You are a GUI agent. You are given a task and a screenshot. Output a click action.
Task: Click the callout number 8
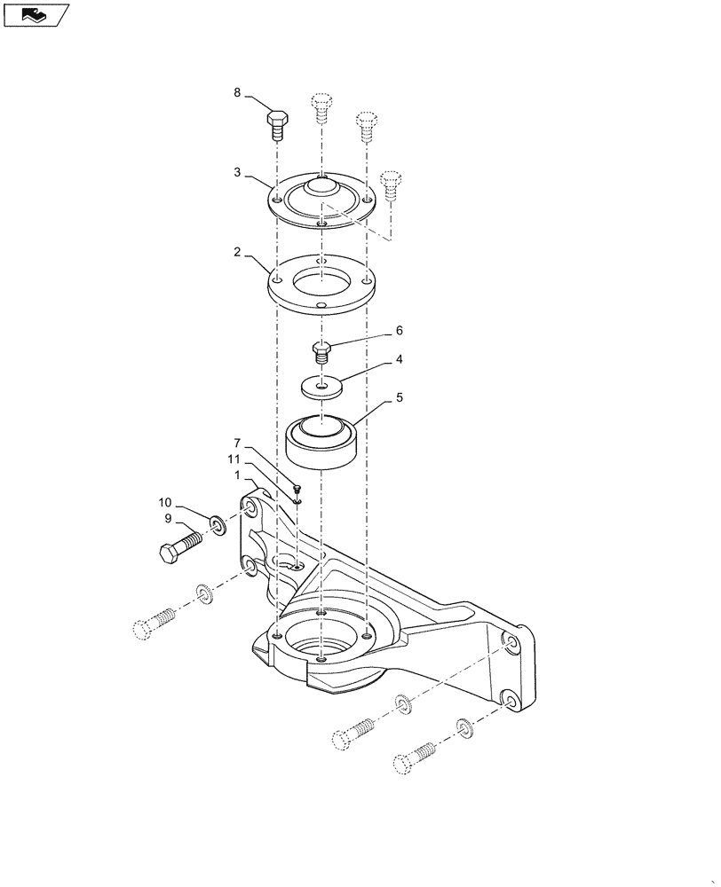click(x=237, y=92)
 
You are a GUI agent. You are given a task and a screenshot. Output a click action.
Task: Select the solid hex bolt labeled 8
click(x=276, y=123)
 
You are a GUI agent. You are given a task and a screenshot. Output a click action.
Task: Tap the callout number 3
click(x=237, y=172)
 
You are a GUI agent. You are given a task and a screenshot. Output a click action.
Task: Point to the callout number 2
click(x=237, y=252)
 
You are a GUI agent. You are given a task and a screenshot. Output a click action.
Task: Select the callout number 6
click(x=400, y=330)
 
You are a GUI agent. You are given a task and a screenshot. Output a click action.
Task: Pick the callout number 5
click(x=400, y=397)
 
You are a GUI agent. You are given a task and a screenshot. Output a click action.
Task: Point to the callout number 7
click(x=237, y=443)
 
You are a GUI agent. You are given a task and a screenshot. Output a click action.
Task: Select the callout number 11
click(x=234, y=459)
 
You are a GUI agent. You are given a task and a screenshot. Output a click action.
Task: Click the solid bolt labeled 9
click(x=180, y=545)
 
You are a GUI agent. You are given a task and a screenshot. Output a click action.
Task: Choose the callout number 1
click(x=237, y=475)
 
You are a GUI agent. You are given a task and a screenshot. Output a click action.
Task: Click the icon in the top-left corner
click(x=35, y=14)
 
